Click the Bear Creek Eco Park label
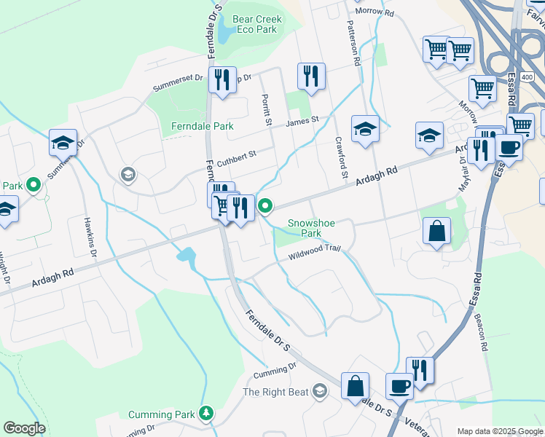point(254,25)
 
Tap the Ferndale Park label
point(202,126)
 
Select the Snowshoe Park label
point(304,228)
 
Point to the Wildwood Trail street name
point(314,250)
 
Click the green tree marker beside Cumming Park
point(207,414)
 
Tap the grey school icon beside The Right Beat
point(318,392)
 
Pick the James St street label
point(302,121)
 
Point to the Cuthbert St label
point(236,156)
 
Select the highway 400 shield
point(527,76)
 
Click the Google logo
point(24,428)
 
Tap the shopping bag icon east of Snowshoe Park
point(436,232)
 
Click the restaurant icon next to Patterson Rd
point(311,76)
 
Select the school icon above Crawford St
point(365,129)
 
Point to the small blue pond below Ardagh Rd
point(186,256)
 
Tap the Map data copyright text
point(499,431)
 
